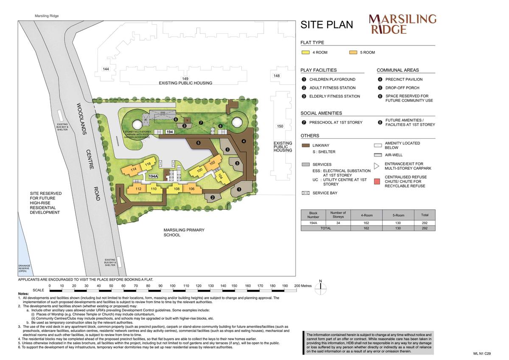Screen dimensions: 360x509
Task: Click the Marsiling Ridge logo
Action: pyautogui.click(x=402, y=24)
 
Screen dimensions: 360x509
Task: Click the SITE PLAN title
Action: pyautogui.click(x=327, y=25)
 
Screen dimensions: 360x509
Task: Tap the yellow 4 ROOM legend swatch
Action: pyautogui.click(x=305, y=53)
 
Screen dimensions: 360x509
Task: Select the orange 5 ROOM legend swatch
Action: pyautogui.click(x=353, y=53)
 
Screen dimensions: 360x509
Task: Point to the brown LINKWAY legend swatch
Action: pyautogui.click(x=305, y=145)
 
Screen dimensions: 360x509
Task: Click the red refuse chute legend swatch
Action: pyautogui.click(x=377, y=181)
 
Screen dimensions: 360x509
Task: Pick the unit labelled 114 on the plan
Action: pyautogui.click(x=133, y=170)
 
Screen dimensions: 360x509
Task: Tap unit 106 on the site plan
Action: pyautogui.click(x=192, y=189)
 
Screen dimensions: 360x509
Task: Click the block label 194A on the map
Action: pyautogui.click(x=153, y=176)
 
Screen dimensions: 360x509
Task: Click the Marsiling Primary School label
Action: pyautogui.click(x=184, y=232)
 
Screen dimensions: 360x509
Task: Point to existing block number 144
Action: pyautogui.click(x=106, y=69)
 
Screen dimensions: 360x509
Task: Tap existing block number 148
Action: pyautogui.click(x=277, y=76)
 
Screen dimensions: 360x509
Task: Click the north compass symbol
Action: pyautogui.click(x=321, y=287)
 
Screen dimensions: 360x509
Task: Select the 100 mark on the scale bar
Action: pyautogui.click(x=173, y=286)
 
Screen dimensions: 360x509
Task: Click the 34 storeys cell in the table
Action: pyautogui.click(x=338, y=222)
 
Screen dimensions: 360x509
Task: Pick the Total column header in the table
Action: pyautogui.click(x=425, y=215)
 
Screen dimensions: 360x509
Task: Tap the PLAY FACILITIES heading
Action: pyautogui.click(x=319, y=70)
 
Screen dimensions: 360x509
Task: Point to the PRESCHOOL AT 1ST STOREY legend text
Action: pyautogui.click(x=336, y=122)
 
